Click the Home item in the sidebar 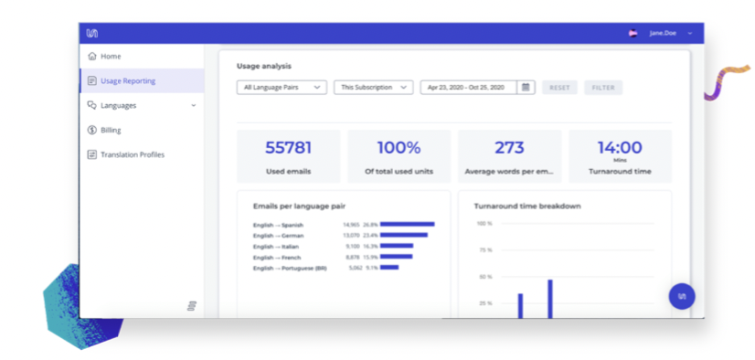[x=110, y=57]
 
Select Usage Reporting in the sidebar [x=127, y=81]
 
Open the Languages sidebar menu [x=118, y=106]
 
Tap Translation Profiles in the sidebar [x=132, y=155]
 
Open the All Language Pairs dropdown [x=281, y=88]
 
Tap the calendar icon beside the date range [x=526, y=88]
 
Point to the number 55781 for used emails [x=288, y=147]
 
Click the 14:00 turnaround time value [x=619, y=146]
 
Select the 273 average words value [x=509, y=147]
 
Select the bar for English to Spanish [x=407, y=224]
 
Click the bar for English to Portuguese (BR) [x=389, y=268]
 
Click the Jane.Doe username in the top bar [x=662, y=33]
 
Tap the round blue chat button [x=681, y=296]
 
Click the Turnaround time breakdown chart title [x=528, y=206]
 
